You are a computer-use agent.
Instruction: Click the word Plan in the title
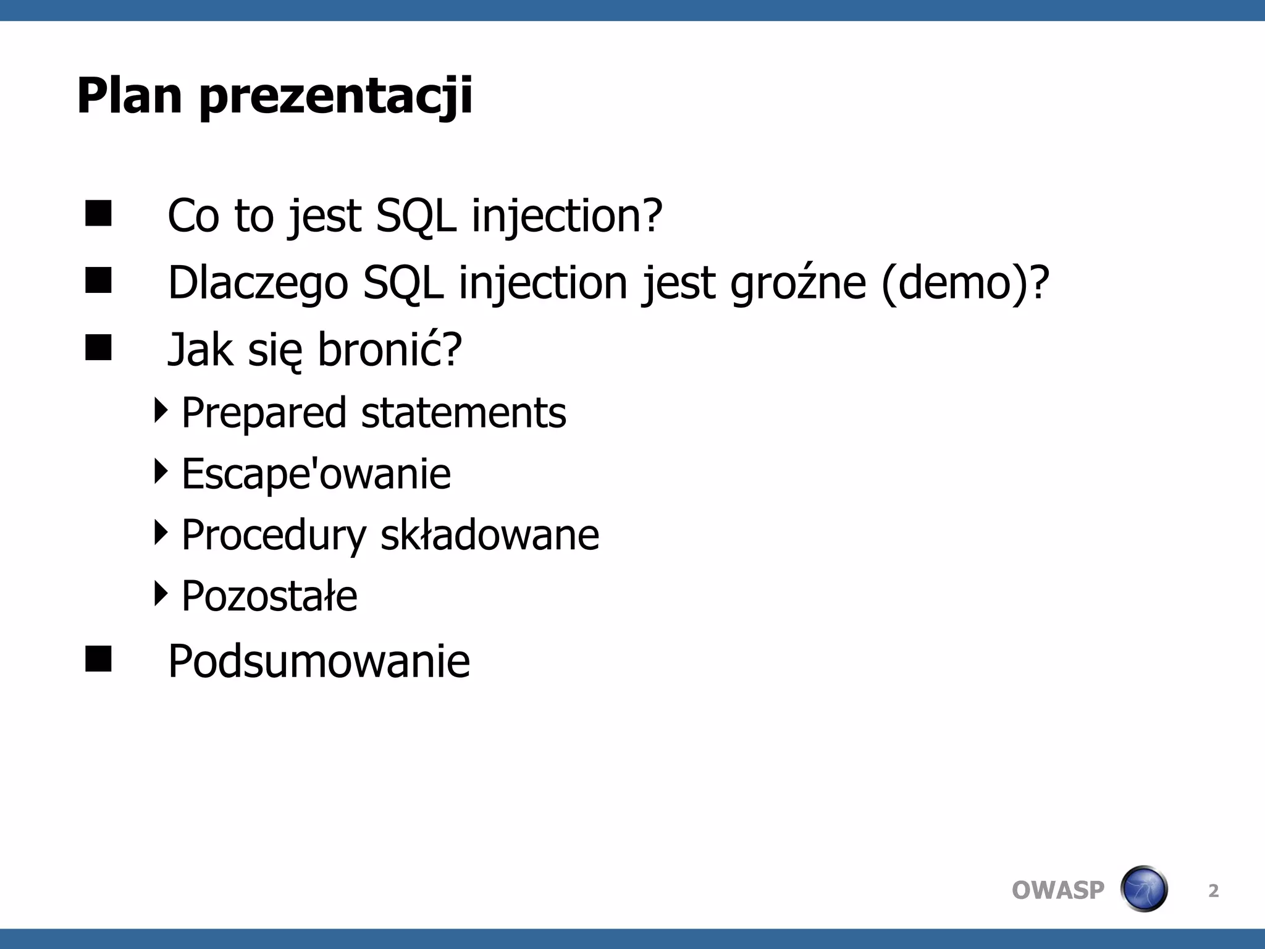pyautogui.click(x=129, y=96)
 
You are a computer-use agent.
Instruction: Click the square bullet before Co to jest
pyautogui.click(x=98, y=213)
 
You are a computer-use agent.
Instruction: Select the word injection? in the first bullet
pyautogui.click(x=567, y=216)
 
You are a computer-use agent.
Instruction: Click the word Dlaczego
pyautogui.click(x=258, y=283)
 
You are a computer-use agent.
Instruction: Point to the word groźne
pyautogui.click(x=798, y=283)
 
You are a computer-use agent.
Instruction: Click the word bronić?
pyautogui.click(x=389, y=350)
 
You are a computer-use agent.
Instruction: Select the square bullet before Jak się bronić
pyautogui.click(x=98, y=347)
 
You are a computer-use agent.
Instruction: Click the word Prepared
pyautogui.click(x=264, y=413)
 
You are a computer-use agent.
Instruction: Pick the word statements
pyautogui.click(x=463, y=413)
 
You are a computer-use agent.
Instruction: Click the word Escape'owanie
pyautogui.click(x=316, y=474)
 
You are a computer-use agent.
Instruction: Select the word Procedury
pyautogui.click(x=274, y=535)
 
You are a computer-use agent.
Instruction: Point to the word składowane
pyautogui.click(x=489, y=535)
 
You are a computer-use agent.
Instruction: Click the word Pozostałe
pyautogui.click(x=269, y=596)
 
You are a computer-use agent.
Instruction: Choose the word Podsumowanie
pyautogui.click(x=319, y=661)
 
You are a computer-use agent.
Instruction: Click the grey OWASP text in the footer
pyautogui.click(x=1057, y=890)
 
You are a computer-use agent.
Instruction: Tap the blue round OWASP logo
pyautogui.click(x=1143, y=889)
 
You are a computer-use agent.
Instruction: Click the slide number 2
pyautogui.click(x=1213, y=891)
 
